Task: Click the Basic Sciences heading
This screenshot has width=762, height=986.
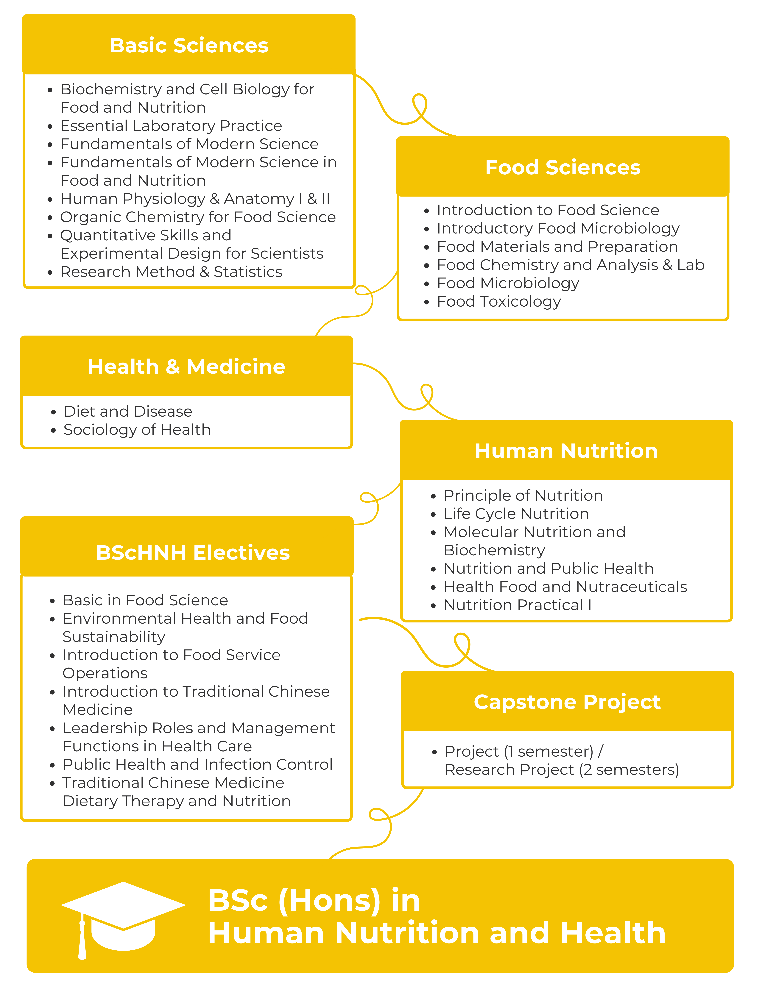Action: [x=189, y=46]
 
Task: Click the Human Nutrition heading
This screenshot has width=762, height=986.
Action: [x=566, y=451]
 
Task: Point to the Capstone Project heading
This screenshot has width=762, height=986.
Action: [x=567, y=702]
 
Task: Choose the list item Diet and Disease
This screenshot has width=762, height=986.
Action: [x=128, y=411]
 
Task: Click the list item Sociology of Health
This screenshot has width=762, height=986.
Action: [x=137, y=430]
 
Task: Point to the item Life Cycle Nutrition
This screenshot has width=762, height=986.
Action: [x=516, y=514]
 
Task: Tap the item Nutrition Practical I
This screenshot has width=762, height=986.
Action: [x=517, y=605]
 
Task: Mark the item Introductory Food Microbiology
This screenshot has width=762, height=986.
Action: [x=558, y=228]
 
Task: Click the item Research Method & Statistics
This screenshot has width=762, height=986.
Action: [x=171, y=272]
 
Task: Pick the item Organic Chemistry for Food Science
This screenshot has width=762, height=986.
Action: [x=198, y=217]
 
